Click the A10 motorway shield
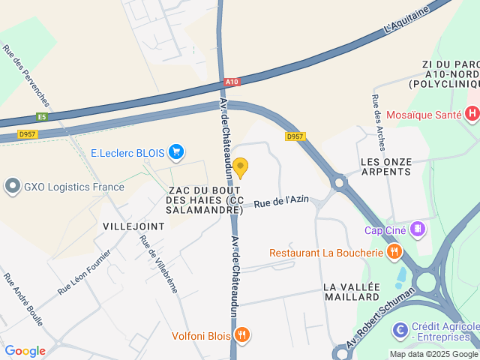(232, 82)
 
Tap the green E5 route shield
(41, 117)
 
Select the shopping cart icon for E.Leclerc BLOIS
(176, 153)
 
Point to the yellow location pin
(240, 167)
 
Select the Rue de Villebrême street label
(157, 264)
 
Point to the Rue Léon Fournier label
(84, 271)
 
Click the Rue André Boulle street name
(23, 299)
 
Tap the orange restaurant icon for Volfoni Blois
(241, 335)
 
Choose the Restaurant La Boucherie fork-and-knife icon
(393, 252)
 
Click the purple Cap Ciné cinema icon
(418, 229)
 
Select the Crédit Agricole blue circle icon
(400, 328)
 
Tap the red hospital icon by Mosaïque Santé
(472, 115)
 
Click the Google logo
(25, 350)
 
